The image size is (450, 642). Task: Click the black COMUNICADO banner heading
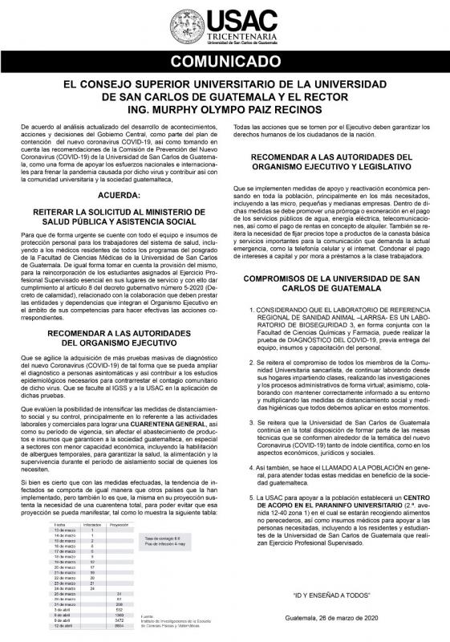coord(225,61)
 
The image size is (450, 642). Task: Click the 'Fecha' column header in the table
coord(59,523)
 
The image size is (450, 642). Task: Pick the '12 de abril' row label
coord(63,626)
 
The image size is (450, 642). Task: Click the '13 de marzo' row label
coord(64,530)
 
